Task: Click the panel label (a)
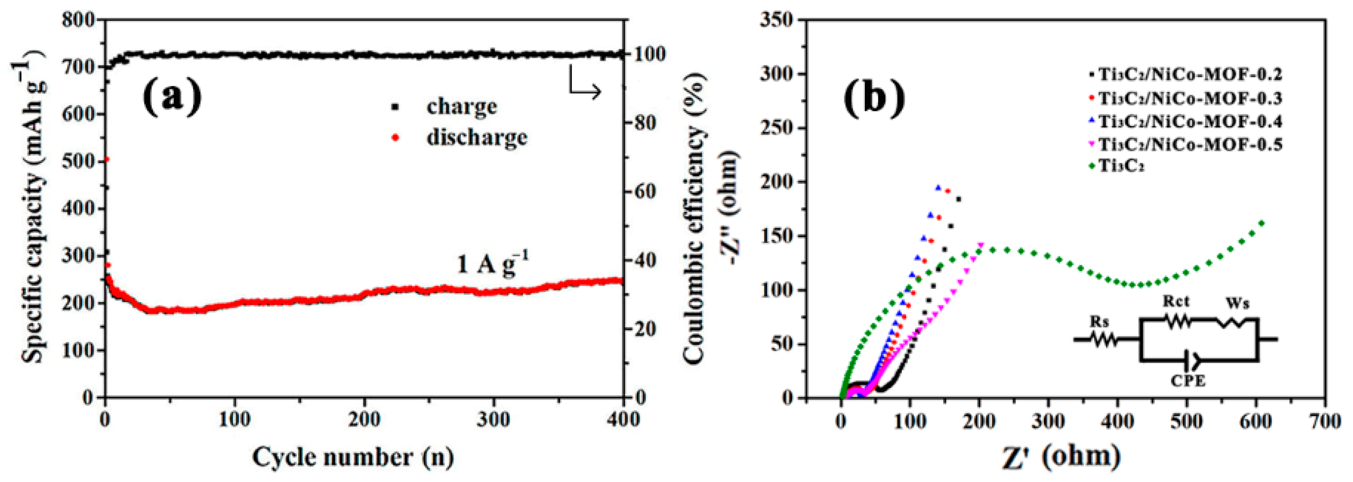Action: (172, 97)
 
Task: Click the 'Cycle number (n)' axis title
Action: (353, 457)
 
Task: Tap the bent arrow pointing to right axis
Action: (584, 87)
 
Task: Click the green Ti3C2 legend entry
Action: (1121, 166)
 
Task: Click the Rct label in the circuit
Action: (1175, 301)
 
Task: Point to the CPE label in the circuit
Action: (1188, 380)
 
